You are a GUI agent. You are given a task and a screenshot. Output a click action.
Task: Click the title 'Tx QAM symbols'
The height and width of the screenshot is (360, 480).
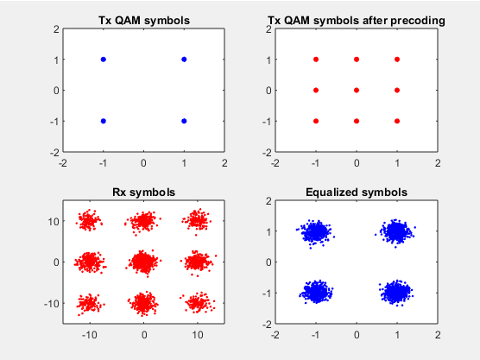[x=144, y=21]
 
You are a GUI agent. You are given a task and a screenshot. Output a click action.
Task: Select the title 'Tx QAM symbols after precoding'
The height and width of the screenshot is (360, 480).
[x=357, y=21]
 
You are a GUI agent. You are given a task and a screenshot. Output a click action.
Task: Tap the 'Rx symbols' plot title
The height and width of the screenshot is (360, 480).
[x=144, y=193]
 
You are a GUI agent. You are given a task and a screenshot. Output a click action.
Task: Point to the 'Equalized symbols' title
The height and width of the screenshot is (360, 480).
[x=357, y=193]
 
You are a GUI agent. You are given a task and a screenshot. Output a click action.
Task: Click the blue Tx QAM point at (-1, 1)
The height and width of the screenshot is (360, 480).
[x=103, y=60]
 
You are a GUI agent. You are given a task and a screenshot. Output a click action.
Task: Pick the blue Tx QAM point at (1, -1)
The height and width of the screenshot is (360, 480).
[x=184, y=121]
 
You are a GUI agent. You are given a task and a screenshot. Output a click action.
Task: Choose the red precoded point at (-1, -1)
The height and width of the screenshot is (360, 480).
[x=316, y=121]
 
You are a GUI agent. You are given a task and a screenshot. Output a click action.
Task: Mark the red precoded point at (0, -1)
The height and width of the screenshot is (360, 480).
[x=357, y=121]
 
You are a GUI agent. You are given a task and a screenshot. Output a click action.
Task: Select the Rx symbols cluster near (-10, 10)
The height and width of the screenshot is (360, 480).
[x=89, y=220]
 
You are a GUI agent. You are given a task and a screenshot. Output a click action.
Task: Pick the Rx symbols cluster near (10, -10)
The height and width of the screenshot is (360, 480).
[x=198, y=303]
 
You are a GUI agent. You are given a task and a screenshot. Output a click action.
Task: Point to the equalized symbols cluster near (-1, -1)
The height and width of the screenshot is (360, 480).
[x=316, y=292]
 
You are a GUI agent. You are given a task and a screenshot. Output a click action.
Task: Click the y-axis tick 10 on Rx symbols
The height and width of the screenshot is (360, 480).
[x=54, y=221]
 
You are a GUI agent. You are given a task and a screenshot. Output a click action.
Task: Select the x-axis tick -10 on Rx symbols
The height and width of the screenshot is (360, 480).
[x=90, y=335]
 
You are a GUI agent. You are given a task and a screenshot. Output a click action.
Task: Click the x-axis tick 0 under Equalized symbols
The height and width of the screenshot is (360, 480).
[x=357, y=335]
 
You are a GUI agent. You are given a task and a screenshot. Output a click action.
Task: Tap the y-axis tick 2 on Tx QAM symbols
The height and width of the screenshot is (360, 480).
[x=56, y=29]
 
